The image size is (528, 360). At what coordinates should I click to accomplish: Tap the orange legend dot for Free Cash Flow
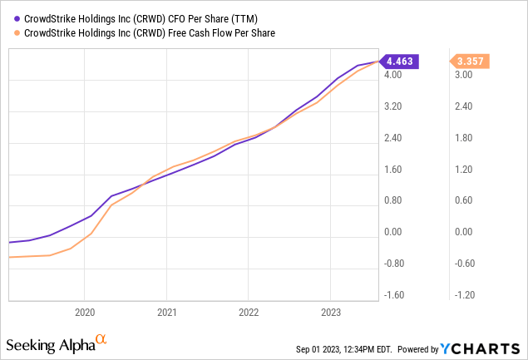7,32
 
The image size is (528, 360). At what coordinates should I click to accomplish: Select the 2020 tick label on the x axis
85,313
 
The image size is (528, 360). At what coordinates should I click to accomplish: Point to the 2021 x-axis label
166,313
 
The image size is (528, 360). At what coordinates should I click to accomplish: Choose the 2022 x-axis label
249,313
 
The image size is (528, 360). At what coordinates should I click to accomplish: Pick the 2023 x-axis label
330,313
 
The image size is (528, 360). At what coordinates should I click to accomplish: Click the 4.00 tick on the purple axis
393,75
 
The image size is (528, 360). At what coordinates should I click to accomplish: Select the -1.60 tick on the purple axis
393,295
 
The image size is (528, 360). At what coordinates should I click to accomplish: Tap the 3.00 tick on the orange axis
462,75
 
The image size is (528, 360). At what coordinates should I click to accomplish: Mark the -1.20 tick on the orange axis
462,295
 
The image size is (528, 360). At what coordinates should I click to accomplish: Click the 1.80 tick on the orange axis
462,138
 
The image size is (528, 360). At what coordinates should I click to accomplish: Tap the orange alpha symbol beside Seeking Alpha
101,339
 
